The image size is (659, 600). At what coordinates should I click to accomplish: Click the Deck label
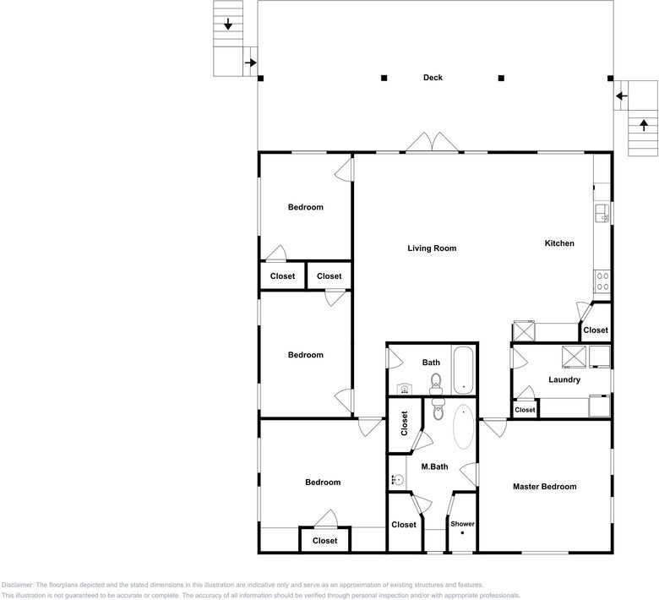[433, 78]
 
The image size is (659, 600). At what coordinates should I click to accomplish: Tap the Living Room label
[432, 248]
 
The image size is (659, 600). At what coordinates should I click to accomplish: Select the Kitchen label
[559, 243]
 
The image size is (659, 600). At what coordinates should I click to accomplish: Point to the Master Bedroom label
[545, 487]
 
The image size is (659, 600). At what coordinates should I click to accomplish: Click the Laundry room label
[564, 379]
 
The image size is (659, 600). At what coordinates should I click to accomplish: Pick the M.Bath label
[434, 466]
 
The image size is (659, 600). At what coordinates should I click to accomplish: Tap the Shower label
[462, 524]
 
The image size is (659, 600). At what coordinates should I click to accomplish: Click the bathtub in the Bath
[464, 370]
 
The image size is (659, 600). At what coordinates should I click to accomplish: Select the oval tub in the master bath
[464, 427]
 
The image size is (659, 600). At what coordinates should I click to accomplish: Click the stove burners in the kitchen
[602, 281]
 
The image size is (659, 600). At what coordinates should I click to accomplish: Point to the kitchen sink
[602, 214]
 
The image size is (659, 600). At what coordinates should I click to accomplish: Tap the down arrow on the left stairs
[228, 24]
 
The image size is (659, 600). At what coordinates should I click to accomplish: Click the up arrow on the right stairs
[644, 125]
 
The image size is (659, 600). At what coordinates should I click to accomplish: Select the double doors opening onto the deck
[432, 142]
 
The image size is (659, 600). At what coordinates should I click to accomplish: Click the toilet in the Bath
[436, 384]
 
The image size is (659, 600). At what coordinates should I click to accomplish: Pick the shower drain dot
[462, 533]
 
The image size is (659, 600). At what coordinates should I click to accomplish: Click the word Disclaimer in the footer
[17, 585]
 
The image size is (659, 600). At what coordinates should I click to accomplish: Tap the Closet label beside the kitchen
[596, 330]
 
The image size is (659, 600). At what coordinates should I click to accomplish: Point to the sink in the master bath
[397, 479]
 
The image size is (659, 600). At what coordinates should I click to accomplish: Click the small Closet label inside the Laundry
[525, 410]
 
